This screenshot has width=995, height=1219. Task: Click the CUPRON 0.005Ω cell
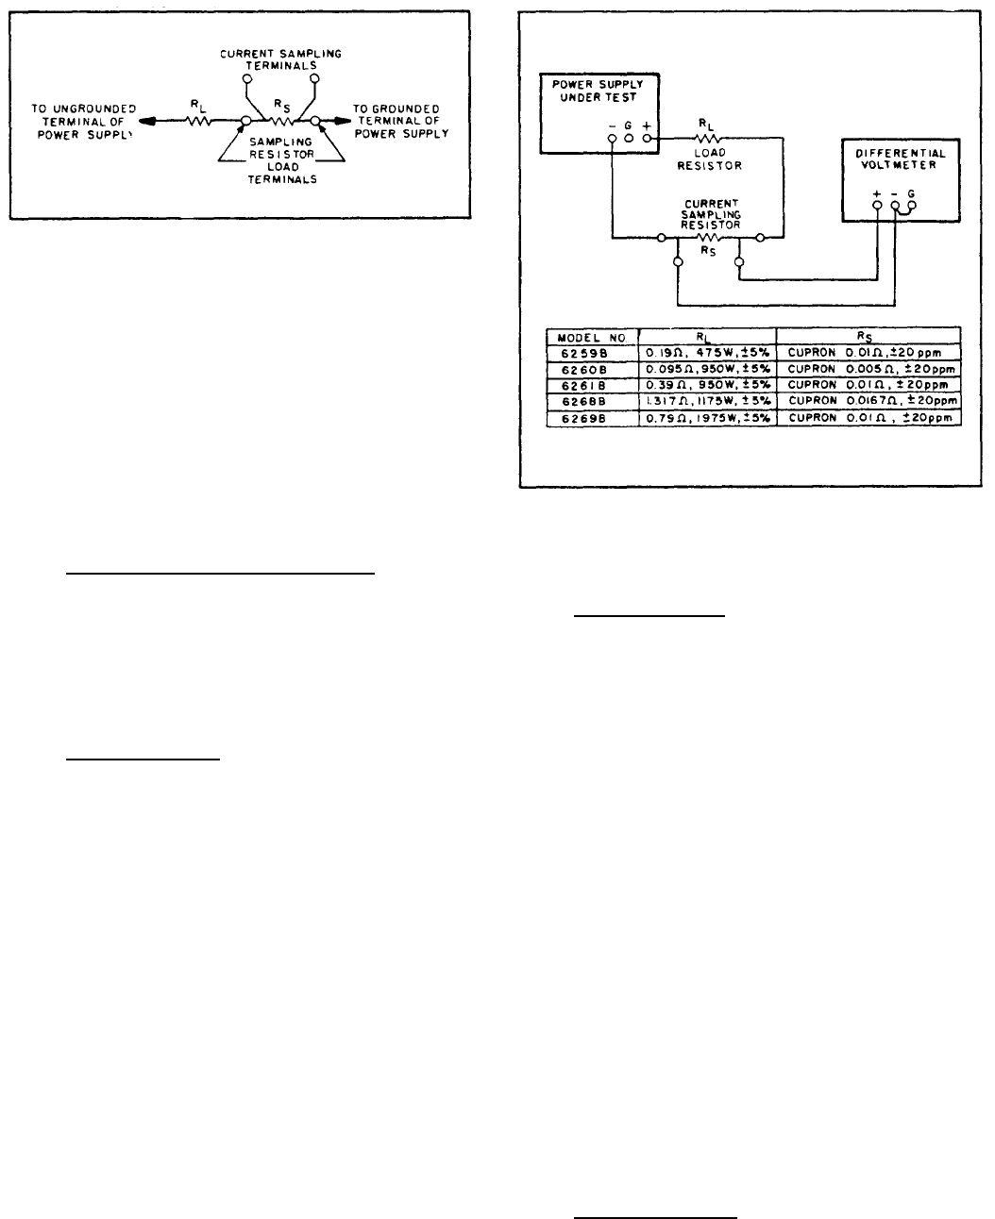point(869,368)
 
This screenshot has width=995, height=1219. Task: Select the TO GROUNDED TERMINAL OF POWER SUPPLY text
point(400,121)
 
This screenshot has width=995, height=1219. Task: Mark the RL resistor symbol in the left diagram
point(198,121)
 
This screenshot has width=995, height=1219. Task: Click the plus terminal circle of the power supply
point(647,139)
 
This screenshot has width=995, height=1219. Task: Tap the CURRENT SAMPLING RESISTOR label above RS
point(714,214)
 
